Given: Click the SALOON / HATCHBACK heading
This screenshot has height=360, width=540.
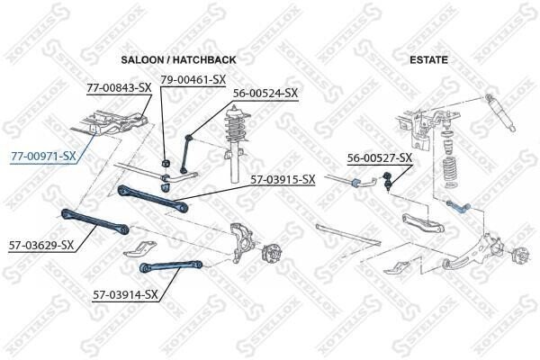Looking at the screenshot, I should (x=177, y=59).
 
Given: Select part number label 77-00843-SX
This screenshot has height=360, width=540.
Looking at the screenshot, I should (x=119, y=88).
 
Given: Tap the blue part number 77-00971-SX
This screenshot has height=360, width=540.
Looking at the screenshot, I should (x=43, y=157).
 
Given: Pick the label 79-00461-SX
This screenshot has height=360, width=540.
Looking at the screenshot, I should (x=192, y=79).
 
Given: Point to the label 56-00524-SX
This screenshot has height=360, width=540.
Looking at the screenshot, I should (x=265, y=92).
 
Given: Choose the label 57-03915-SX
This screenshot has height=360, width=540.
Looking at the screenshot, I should (x=283, y=179).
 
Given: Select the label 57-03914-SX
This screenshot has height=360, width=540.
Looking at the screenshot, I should (x=125, y=293).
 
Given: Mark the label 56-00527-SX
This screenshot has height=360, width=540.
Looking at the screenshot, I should (x=380, y=158).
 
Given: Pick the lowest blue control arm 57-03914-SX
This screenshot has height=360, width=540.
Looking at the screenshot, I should (x=170, y=264).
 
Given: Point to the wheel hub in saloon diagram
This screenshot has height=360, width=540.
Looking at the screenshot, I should (x=268, y=255).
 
